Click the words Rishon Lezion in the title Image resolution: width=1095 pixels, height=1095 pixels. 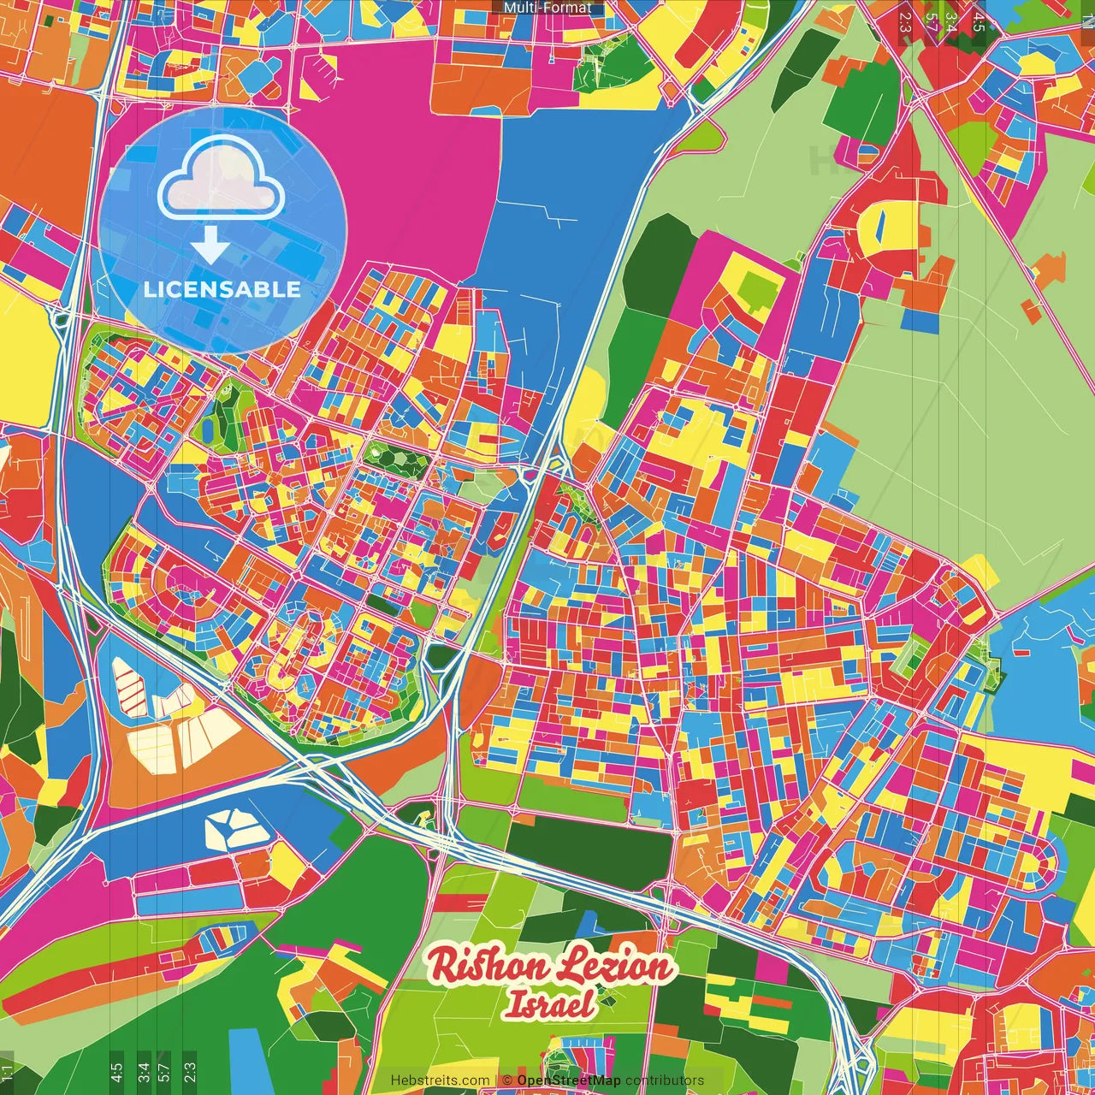(x=551, y=967)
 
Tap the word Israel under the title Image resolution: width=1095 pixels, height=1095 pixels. (x=548, y=1004)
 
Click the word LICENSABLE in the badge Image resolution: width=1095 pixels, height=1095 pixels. (x=222, y=289)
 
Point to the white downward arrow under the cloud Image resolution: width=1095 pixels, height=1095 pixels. (x=210, y=246)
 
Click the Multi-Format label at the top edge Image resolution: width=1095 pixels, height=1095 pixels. (x=547, y=8)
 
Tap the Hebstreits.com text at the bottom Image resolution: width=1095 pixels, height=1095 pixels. (x=440, y=1080)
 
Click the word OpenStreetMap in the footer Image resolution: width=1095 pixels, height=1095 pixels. (x=568, y=1080)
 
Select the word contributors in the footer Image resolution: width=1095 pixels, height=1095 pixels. (x=664, y=1080)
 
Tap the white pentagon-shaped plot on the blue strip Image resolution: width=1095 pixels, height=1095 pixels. (x=231, y=829)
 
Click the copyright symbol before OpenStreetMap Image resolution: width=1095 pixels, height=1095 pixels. (x=507, y=1080)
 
